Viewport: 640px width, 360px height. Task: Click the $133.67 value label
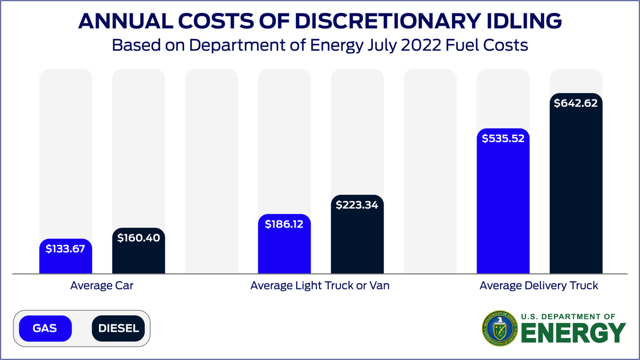(x=65, y=249)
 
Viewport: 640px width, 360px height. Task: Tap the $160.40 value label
(x=138, y=238)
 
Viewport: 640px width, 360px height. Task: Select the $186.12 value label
(x=284, y=224)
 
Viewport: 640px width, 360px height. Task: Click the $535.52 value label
(x=503, y=138)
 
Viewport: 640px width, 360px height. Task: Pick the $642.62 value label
(x=576, y=104)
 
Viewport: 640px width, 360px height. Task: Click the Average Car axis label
(x=102, y=286)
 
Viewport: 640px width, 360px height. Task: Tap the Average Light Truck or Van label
(x=320, y=286)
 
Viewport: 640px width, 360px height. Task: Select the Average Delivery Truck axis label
(x=539, y=286)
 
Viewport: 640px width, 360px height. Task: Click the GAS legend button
(x=45, y=329)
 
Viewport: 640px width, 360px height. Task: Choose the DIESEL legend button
(x=119, y=329)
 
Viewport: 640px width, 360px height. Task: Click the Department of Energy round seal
(x=499, y=328)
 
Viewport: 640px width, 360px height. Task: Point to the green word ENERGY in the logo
(x=574, y=333)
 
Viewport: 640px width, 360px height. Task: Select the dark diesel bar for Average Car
(x=138, y=259)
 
